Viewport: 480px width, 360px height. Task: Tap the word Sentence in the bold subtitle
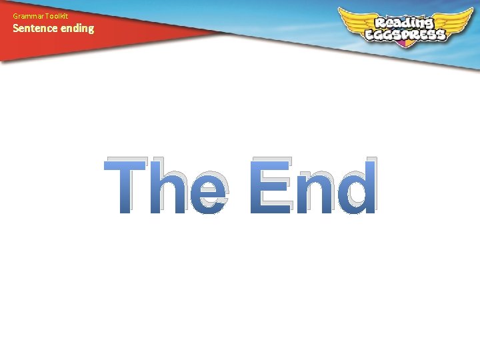(34, 29)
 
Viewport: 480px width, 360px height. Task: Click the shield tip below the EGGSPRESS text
(406, 43)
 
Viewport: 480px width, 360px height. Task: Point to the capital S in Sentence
(16, 29)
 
